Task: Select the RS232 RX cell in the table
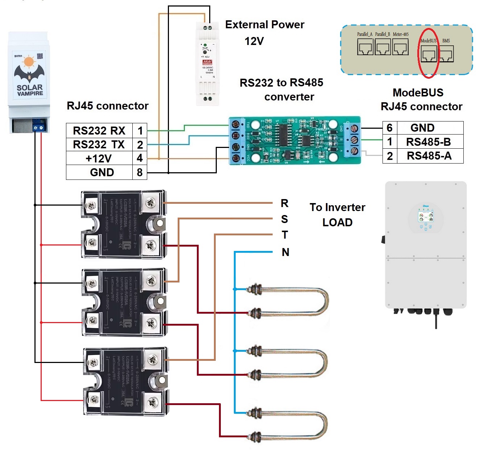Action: (99, 130)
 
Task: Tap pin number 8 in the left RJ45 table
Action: (140, 172)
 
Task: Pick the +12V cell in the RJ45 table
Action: (99, 158)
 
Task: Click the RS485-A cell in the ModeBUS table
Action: (429, 156)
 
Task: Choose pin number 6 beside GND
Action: (390, 128)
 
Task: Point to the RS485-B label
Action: (429, 142)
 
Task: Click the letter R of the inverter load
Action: (285, 203)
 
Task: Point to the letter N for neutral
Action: (285, 252)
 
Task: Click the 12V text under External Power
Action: (254, 41)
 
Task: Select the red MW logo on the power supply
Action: (207, 62)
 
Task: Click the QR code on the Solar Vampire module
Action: (40, 56)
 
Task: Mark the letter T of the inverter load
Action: (285, 235)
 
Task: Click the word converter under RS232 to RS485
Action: (289, 97)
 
